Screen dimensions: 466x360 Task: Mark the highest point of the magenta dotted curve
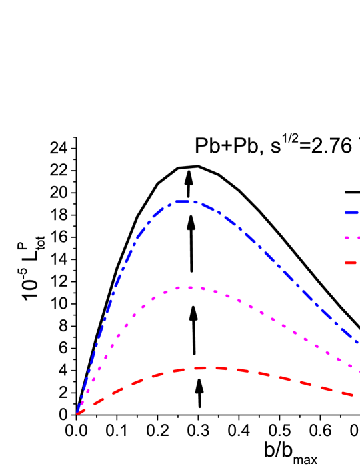(190, 287)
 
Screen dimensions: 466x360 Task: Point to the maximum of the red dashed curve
(212, 367)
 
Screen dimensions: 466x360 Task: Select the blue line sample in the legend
(351, 213)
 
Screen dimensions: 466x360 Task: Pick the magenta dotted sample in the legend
(352, 238)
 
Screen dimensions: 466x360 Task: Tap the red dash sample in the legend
(351, 263)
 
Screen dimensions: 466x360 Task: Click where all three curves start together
(77, 413)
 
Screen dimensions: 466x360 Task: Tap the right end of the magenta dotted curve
(358, 370)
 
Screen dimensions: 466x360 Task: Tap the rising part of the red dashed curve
(127, 386)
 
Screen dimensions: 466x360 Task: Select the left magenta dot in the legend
(347, 238)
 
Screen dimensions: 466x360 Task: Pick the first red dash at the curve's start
(81, 412)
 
